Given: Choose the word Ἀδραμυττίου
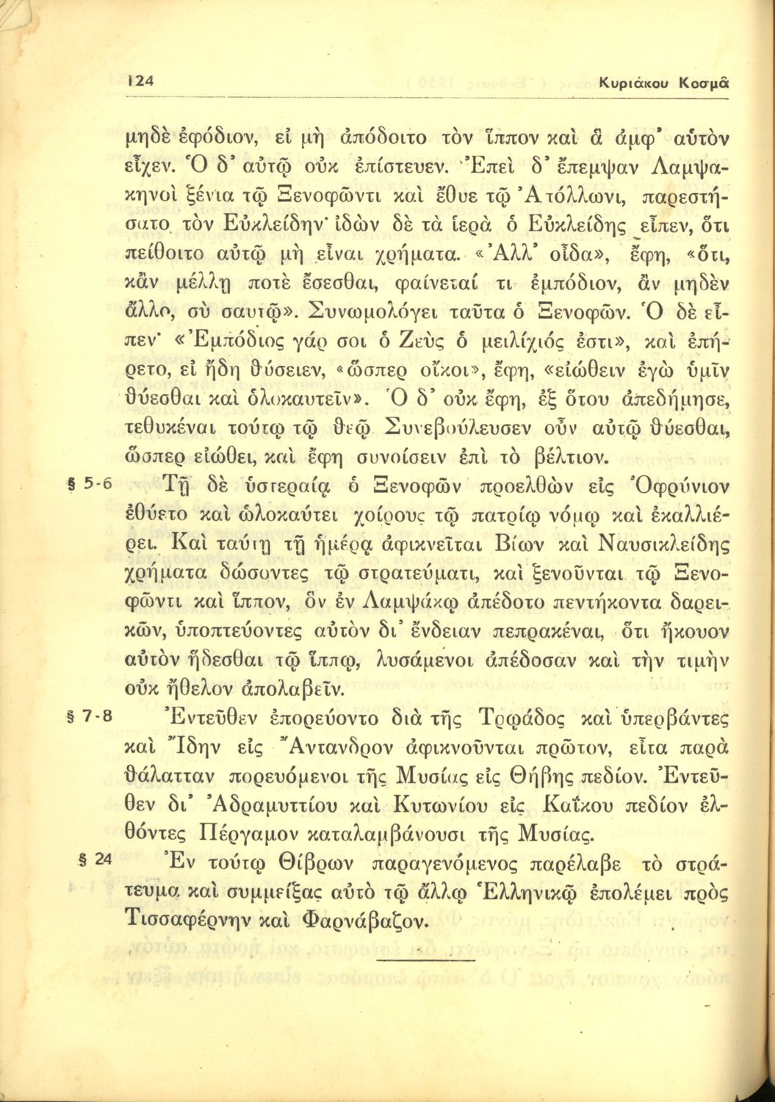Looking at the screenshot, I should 267,806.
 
